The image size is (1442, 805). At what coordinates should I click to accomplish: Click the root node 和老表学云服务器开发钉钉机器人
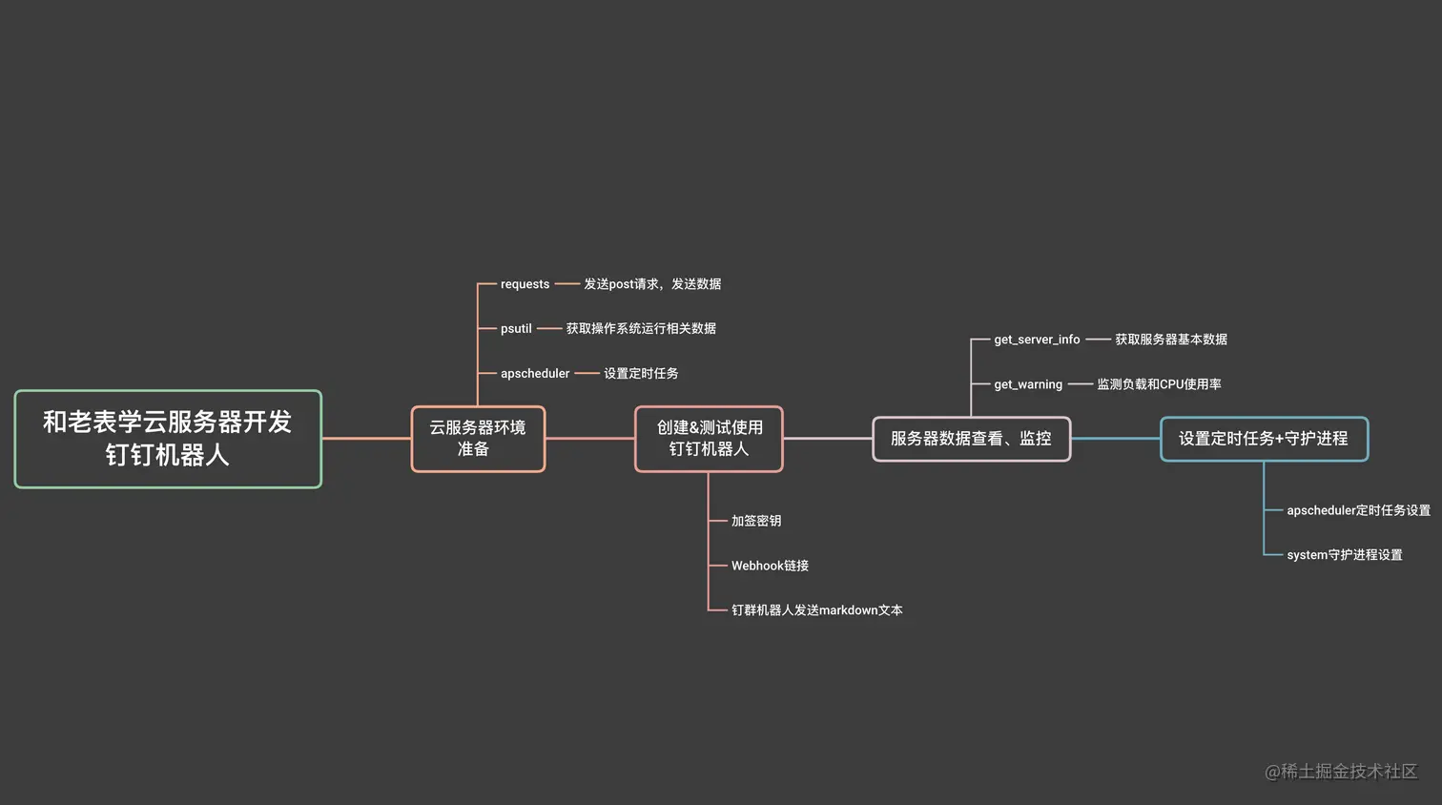(x=168, y=439)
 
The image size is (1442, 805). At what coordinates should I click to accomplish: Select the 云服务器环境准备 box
(x=478, y=439)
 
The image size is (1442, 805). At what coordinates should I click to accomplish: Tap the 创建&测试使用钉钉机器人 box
(x=709, y=439)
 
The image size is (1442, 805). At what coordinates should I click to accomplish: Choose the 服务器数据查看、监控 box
(x=971, y=439)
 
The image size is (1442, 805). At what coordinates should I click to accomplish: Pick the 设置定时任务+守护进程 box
(x=1264, y=439)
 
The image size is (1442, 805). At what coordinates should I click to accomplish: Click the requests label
(x=525, y=284)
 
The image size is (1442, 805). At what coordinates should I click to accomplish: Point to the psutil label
(x=516, y=328)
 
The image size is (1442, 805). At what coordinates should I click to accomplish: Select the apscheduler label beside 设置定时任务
(x=534, y=373)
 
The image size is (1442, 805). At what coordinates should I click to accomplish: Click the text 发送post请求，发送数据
(x=652, y=284)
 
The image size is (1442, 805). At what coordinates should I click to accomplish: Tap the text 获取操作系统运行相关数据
(x=641, y=328)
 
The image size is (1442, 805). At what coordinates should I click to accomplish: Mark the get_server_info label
(x=1037, y=340)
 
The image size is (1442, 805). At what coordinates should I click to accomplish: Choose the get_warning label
(x=1028, y=384)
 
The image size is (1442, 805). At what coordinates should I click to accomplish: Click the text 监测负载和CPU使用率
(x=1159, y=384)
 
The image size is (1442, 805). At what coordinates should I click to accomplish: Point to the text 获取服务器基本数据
(x=1171, y=340)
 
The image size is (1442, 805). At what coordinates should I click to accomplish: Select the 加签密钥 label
(x=756, y=521)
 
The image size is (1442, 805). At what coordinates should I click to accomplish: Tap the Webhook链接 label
(x=770, y=566)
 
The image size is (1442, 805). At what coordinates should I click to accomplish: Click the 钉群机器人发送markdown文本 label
(x=816, y=610)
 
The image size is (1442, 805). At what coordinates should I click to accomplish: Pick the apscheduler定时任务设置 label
(x=1358, y=510)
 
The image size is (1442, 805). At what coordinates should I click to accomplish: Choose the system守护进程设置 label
(x=1345, y=555)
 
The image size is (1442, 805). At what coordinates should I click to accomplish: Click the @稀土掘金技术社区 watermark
(x=1341, y=772)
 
